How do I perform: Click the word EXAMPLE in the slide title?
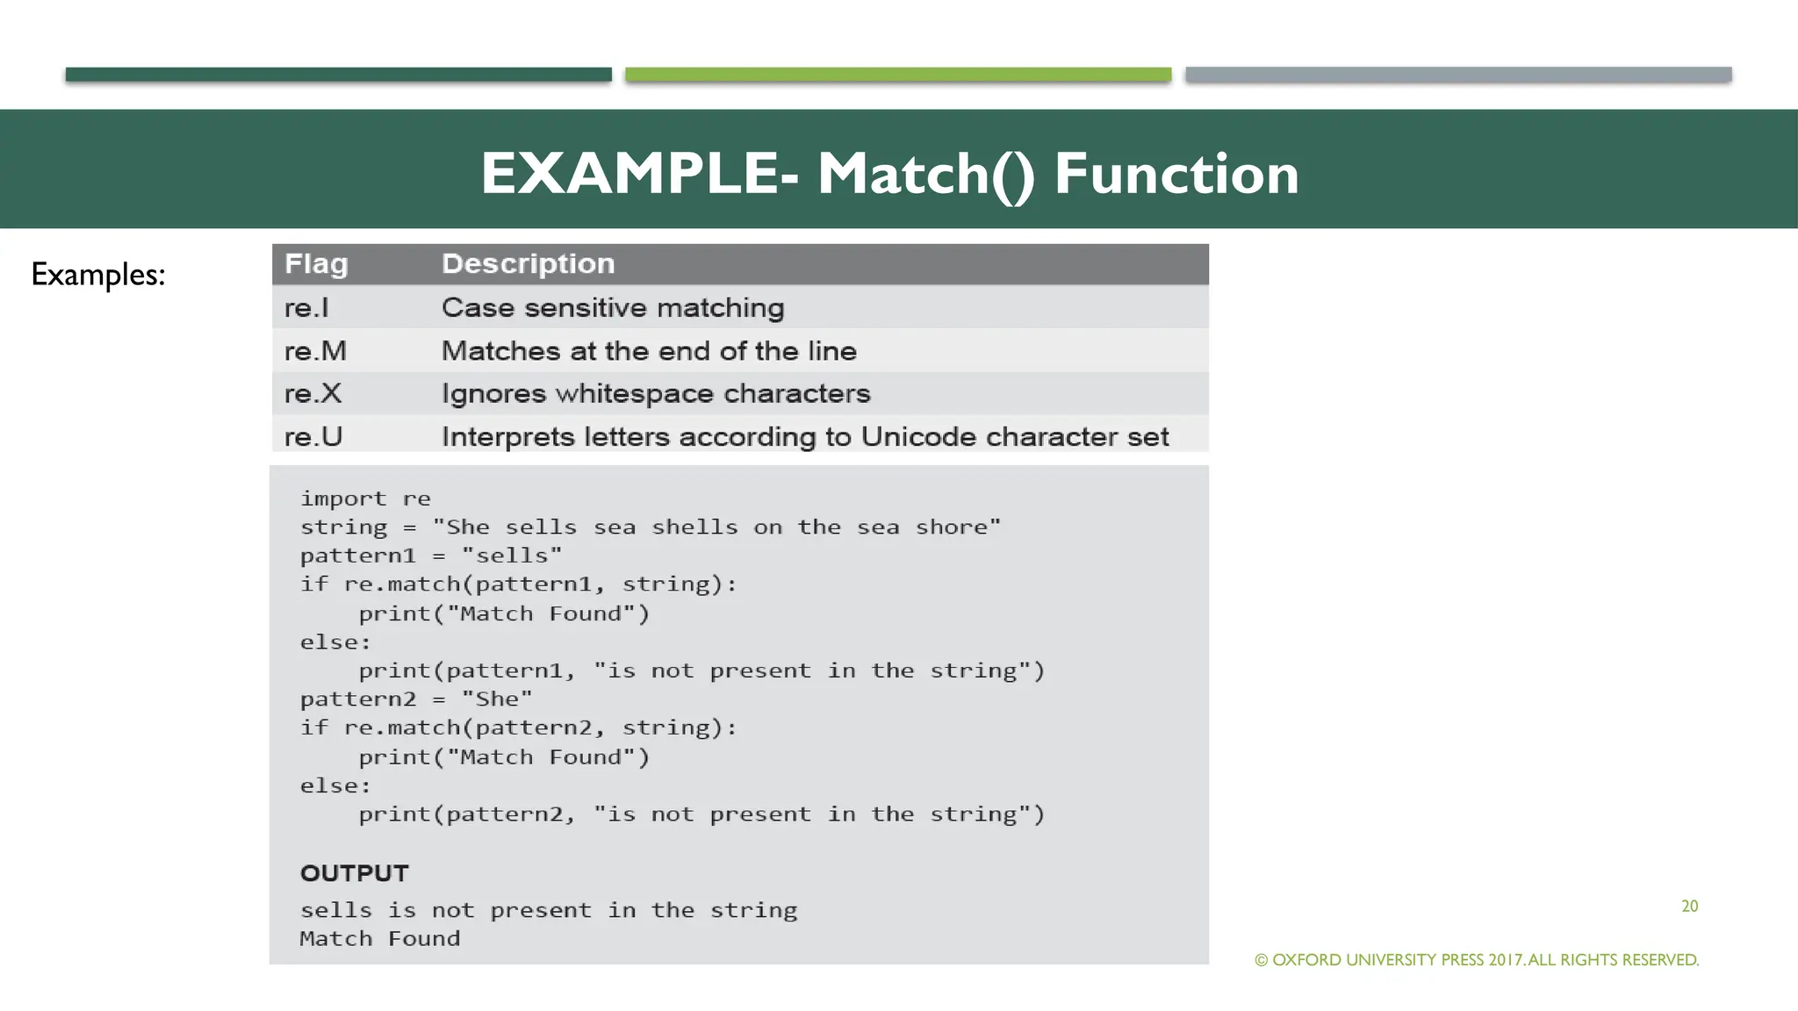(629, 174)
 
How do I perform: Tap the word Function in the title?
(1176, 174)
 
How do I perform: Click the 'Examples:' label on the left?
(98, 275)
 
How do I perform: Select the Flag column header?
(316, 264)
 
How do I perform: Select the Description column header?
(528, 264)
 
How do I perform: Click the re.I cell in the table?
(306, 308)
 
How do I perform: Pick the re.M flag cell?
(315, 351)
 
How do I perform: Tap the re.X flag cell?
(313, 393)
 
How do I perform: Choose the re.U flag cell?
(313, 436)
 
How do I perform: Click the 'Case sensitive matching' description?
(612, 308)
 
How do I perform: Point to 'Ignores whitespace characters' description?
(655, 393)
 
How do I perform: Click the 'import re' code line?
(365, 498)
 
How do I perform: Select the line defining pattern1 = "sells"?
(430, 556)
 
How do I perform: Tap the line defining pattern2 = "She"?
(415, 699)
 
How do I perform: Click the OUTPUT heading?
(354, 873)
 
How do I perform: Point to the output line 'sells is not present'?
(548, 910)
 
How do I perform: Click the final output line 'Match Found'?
(379, 939)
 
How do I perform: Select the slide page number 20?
(1689, 907)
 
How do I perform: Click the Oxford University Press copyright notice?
(1477, 960)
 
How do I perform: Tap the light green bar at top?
(897, 75)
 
